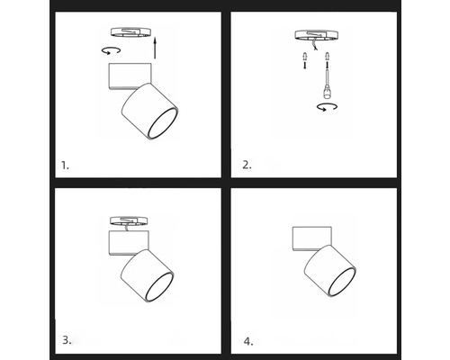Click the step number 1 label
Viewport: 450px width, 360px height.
click(x=65, y=166)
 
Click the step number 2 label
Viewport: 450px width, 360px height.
click(x=247, y=165)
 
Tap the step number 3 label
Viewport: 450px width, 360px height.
click(x=67, y=340)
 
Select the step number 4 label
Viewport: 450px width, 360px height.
click(x=248, y=341)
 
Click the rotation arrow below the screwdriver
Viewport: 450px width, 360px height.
click(x=327, y=107)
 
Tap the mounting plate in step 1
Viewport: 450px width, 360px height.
click(x=130, y=31)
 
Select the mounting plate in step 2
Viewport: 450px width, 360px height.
click(x=317, y=34)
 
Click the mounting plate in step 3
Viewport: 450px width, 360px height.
click(x=129, y=220)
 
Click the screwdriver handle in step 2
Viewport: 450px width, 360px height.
click(x=327, y=92)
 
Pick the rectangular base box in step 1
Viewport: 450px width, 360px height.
click(x=130, y=76)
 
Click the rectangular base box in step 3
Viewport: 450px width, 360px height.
click(x=129, y=243)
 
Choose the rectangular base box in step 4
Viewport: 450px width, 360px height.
click(x=312, y=238)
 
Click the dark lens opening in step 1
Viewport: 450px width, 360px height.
click(x=163, y=123)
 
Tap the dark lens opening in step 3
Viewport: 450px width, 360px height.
click(x=159, y=287)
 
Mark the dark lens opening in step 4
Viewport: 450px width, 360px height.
click(x=342, y=282)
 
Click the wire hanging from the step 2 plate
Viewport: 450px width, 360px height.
click(x=314, y=45)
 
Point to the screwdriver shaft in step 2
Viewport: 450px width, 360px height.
click(x=327, y=76)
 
